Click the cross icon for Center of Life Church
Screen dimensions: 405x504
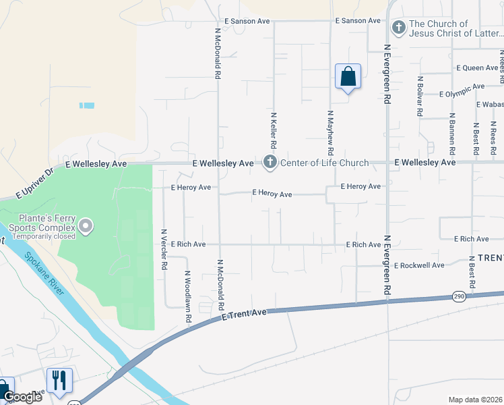tap(270, 162)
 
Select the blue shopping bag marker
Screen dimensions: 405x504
tap(348, 77)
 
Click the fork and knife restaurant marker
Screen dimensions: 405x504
tap(59, 381)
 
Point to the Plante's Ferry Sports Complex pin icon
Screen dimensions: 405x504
tap(86, 225)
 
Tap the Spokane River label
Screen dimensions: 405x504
tap(43, 274)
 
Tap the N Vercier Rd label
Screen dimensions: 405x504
tap(164, 250)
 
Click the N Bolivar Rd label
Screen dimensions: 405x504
tap(420, 97)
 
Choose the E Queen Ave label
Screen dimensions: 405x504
tap(476, 67)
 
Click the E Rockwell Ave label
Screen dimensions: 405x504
tap(419, 265)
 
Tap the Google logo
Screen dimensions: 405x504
tap(23, 396)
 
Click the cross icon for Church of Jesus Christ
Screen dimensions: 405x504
tap(398, 27)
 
